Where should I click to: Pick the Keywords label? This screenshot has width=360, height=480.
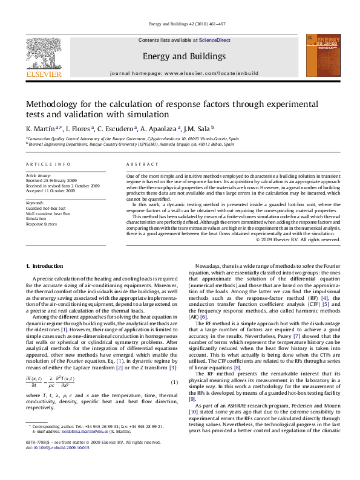coord(35,203)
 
